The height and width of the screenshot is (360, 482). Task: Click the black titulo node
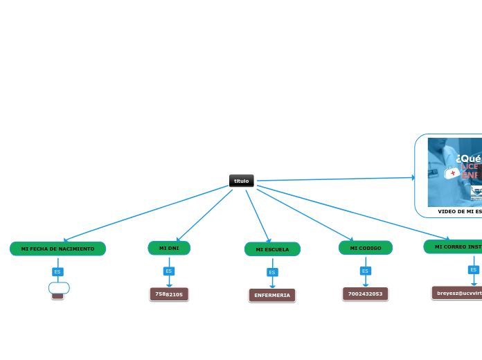[241, 181]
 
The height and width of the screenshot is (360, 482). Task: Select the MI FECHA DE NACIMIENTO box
[57, 249]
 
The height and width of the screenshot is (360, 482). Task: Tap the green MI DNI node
[169, 248]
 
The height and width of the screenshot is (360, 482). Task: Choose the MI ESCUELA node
[272, 249]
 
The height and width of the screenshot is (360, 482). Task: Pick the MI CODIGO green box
[365, 248]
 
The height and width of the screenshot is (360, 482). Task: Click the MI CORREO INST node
[454, 246]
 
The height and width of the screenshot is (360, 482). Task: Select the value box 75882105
[169, 294]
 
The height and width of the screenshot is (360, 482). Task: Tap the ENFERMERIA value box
[272, 296]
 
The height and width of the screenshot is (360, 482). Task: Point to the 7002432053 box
[365, 294]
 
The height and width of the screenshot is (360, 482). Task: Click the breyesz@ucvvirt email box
[457, 293]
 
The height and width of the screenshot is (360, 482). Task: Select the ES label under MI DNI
[169, 271]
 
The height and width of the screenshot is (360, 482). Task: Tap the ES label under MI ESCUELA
[272, 272]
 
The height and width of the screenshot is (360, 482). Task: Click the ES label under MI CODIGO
[365, 271]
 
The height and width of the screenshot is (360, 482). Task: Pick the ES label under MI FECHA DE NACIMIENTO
[57, 271]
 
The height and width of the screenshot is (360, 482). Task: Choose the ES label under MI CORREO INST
[474, 270]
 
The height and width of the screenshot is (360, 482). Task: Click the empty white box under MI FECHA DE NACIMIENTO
[59, 287]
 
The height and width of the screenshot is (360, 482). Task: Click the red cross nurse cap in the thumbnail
[452, 173]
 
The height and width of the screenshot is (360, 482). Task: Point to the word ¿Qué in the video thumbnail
[469, 159]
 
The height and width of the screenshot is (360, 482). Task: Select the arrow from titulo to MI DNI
[204, 215]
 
